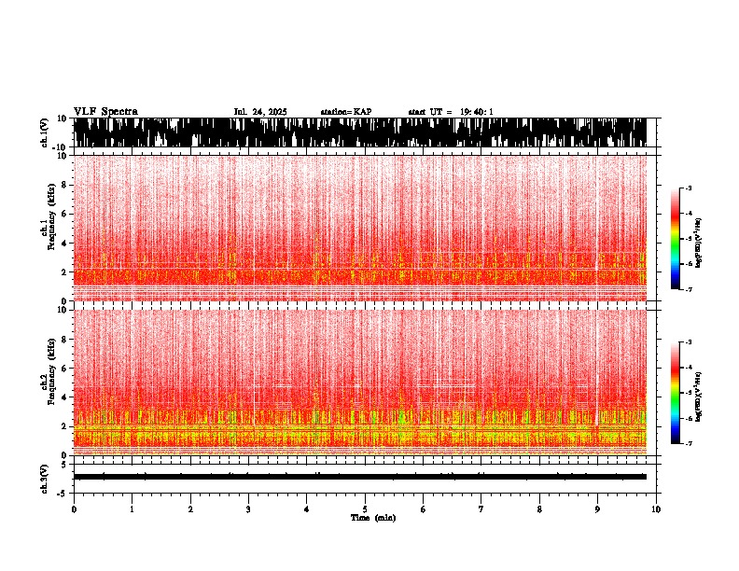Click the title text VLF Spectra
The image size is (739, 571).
pyautogui.click(x=105, y=111)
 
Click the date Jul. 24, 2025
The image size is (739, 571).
pyautogui.click(x=260, y=112)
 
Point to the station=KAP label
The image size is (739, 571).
pyautogui.click(x=346, y=112)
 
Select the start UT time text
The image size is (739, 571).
pyautogui.click(x=451, y=112)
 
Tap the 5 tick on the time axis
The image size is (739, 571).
pyautogui.click(x=365, y=509)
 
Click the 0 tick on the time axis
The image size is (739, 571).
pyautogui.click(x=74, y=509)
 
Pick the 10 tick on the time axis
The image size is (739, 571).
pyautogui.click(x=656, y=509)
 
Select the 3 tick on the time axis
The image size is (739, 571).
pyautogui.click(x=248, y=509)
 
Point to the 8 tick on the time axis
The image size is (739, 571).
pyautogui.click(x=539, y=509)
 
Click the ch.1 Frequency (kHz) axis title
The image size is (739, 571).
pyautogui.click(x=47, y=228)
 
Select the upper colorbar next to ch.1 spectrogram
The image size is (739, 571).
pyautogui.click(x=675, y=240)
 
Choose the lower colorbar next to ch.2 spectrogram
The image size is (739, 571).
pyautogui.click(x=675, y=393)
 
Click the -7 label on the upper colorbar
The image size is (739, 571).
pyautogui.click(x=688, y=290)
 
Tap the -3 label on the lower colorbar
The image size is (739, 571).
pyautogui.click(x=688, y=342)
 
